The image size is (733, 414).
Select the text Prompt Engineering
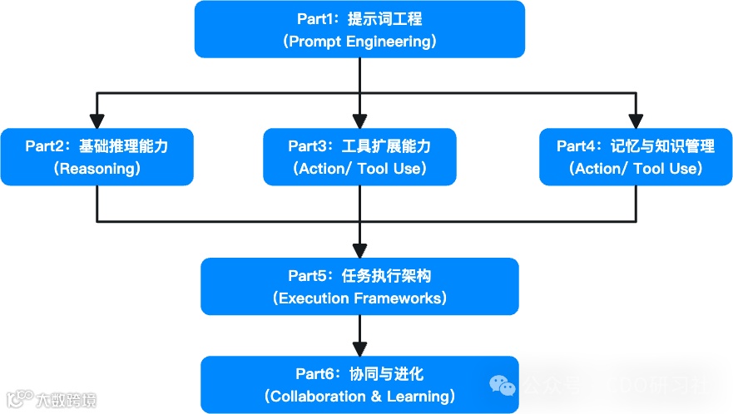359,41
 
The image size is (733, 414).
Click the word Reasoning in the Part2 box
97,168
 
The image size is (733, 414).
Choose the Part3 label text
307,146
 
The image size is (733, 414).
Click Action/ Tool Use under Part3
359,168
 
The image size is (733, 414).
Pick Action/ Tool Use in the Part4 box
636,168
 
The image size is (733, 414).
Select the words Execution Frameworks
359,298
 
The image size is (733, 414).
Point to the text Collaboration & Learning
359,397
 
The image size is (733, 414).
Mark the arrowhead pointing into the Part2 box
97,121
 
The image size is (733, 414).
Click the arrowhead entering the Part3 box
359,121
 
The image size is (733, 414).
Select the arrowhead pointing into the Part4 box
636,121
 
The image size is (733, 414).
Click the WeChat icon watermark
503,385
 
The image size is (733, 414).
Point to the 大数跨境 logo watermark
51,400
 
